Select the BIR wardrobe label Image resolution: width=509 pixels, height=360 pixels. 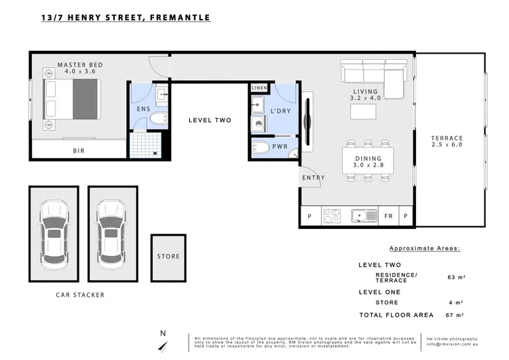tap(79, 151)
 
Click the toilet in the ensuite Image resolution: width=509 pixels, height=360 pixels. tap(155, 121)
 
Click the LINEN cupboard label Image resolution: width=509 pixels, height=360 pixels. tap(259, 88)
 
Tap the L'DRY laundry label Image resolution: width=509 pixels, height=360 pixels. tap(280, 111)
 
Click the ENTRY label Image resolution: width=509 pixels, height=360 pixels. tap(314, 178)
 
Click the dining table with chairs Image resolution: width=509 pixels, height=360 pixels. tap(369, 161)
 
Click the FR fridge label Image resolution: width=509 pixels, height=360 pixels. tap(388, 217)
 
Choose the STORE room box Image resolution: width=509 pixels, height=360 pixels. tap(168, 257)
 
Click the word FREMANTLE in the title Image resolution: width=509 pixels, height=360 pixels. tap(176, 17)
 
